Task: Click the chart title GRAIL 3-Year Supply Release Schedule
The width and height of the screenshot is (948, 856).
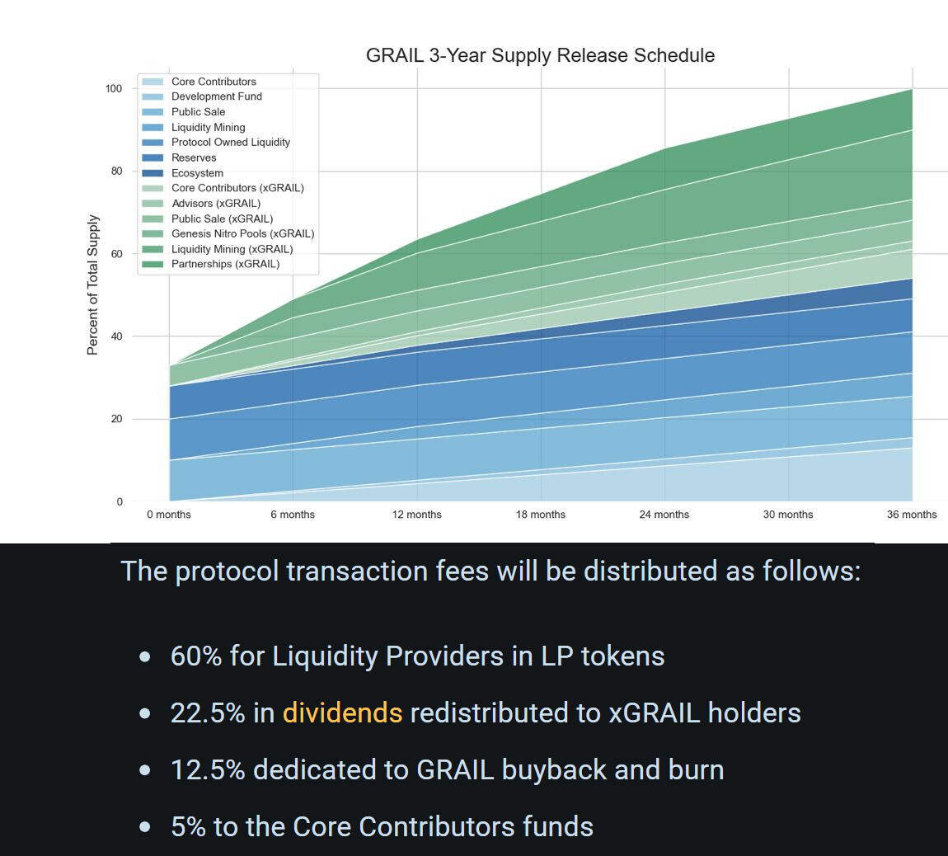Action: point(540,55)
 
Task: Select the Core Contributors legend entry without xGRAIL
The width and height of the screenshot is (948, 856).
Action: point(214,82)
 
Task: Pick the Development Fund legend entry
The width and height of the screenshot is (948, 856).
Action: point(216,96)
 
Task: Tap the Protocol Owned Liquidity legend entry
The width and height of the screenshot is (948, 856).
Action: point(230,142)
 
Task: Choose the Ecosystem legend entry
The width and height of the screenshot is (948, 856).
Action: point(197,173)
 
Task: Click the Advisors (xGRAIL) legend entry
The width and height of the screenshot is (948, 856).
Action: point(215,203)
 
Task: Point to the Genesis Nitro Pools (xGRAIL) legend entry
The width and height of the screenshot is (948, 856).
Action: point(242,233)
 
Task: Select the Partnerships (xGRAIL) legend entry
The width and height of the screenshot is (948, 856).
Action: point(225,264)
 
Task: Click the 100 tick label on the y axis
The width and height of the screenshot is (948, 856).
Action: point(114,88)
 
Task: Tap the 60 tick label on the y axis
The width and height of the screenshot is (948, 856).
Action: point(116,254)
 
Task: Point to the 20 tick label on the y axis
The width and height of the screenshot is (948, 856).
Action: point(116,419)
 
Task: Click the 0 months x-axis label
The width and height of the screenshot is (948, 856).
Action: point(169,515)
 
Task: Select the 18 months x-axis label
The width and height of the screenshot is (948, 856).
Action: point(541,515)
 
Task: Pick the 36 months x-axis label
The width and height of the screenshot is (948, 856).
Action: point(912,515)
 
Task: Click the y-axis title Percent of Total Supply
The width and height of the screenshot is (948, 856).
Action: point(92,285)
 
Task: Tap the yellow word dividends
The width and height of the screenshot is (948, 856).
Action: point(342,713)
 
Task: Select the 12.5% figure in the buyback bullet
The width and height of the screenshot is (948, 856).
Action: point(208,769)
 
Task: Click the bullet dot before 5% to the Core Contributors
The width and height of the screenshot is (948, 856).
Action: point(145,826)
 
